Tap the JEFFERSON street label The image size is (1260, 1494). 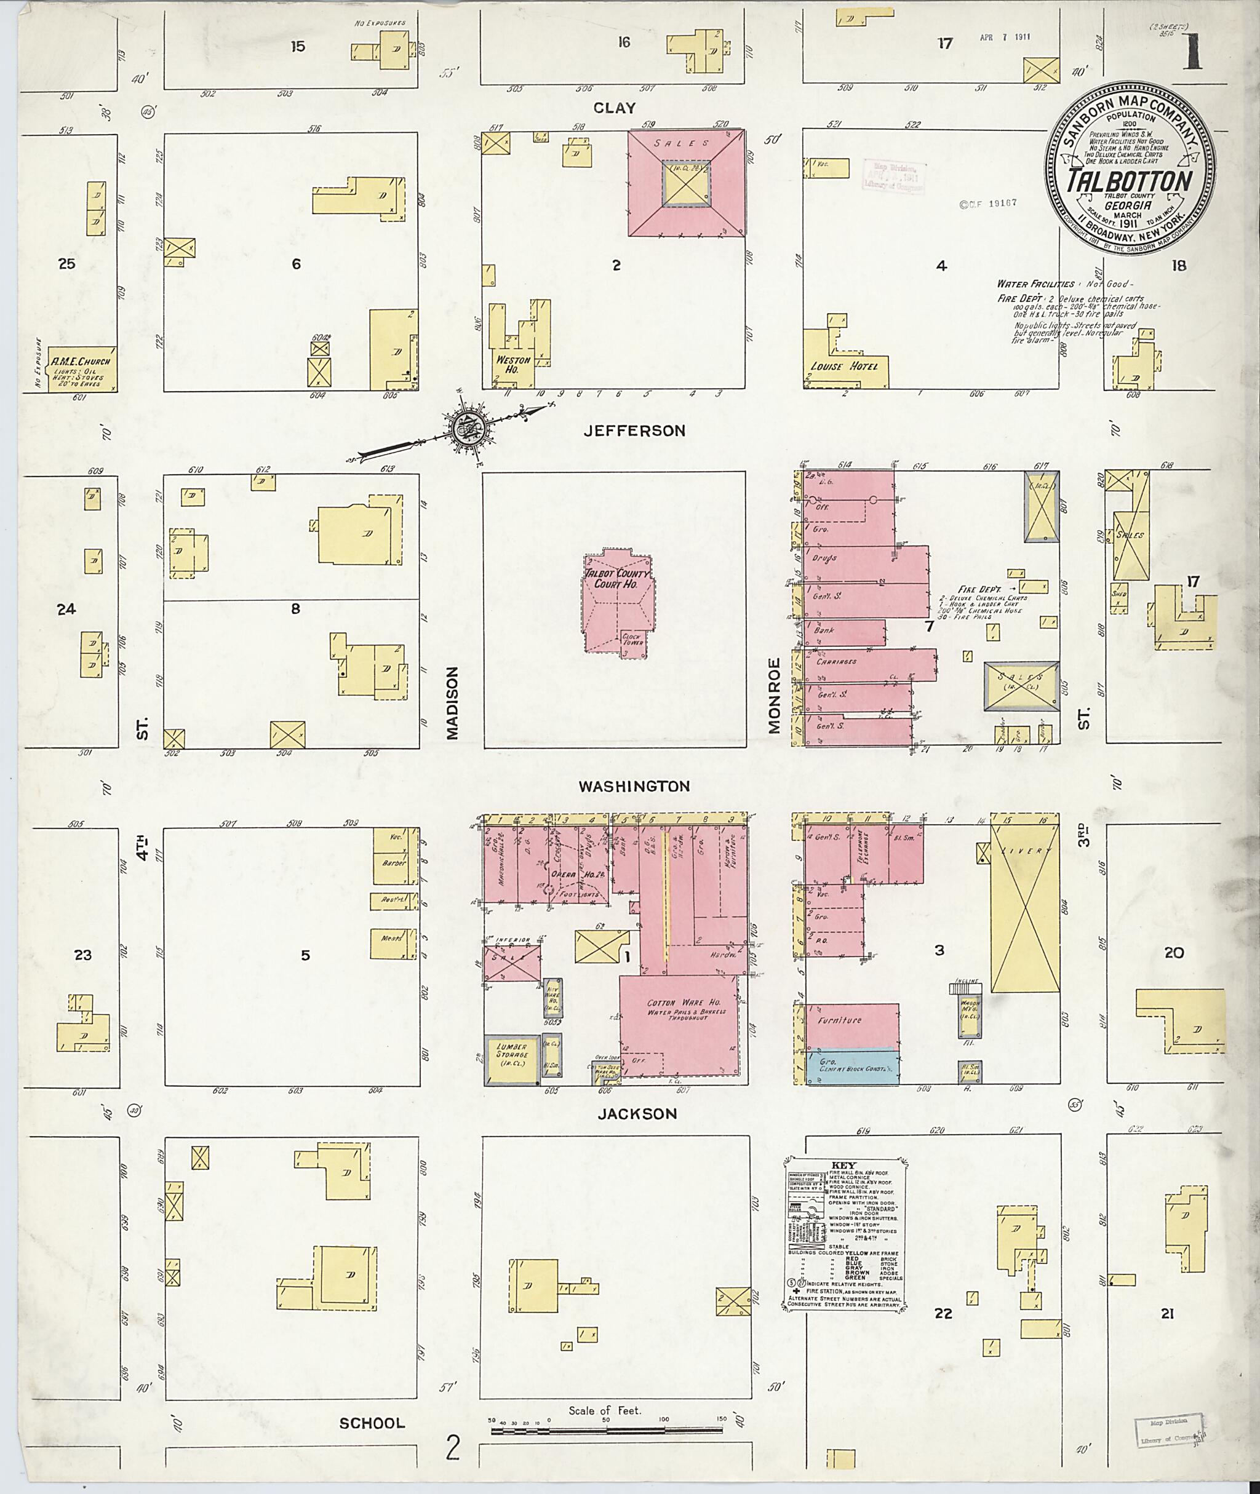pyautogui.click(x=634, y=431)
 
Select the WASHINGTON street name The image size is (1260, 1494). pyautogui.click(x=634, y=786)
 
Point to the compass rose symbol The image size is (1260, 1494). pyautogui.click(x=467, y=429)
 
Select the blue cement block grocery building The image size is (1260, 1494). pyautogui.click(x=851, y=1067)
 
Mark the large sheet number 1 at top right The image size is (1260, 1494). pyautogui.click(x=1190, y=54)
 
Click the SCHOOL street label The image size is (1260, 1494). pyautogui.click(x=372, y=1423)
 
